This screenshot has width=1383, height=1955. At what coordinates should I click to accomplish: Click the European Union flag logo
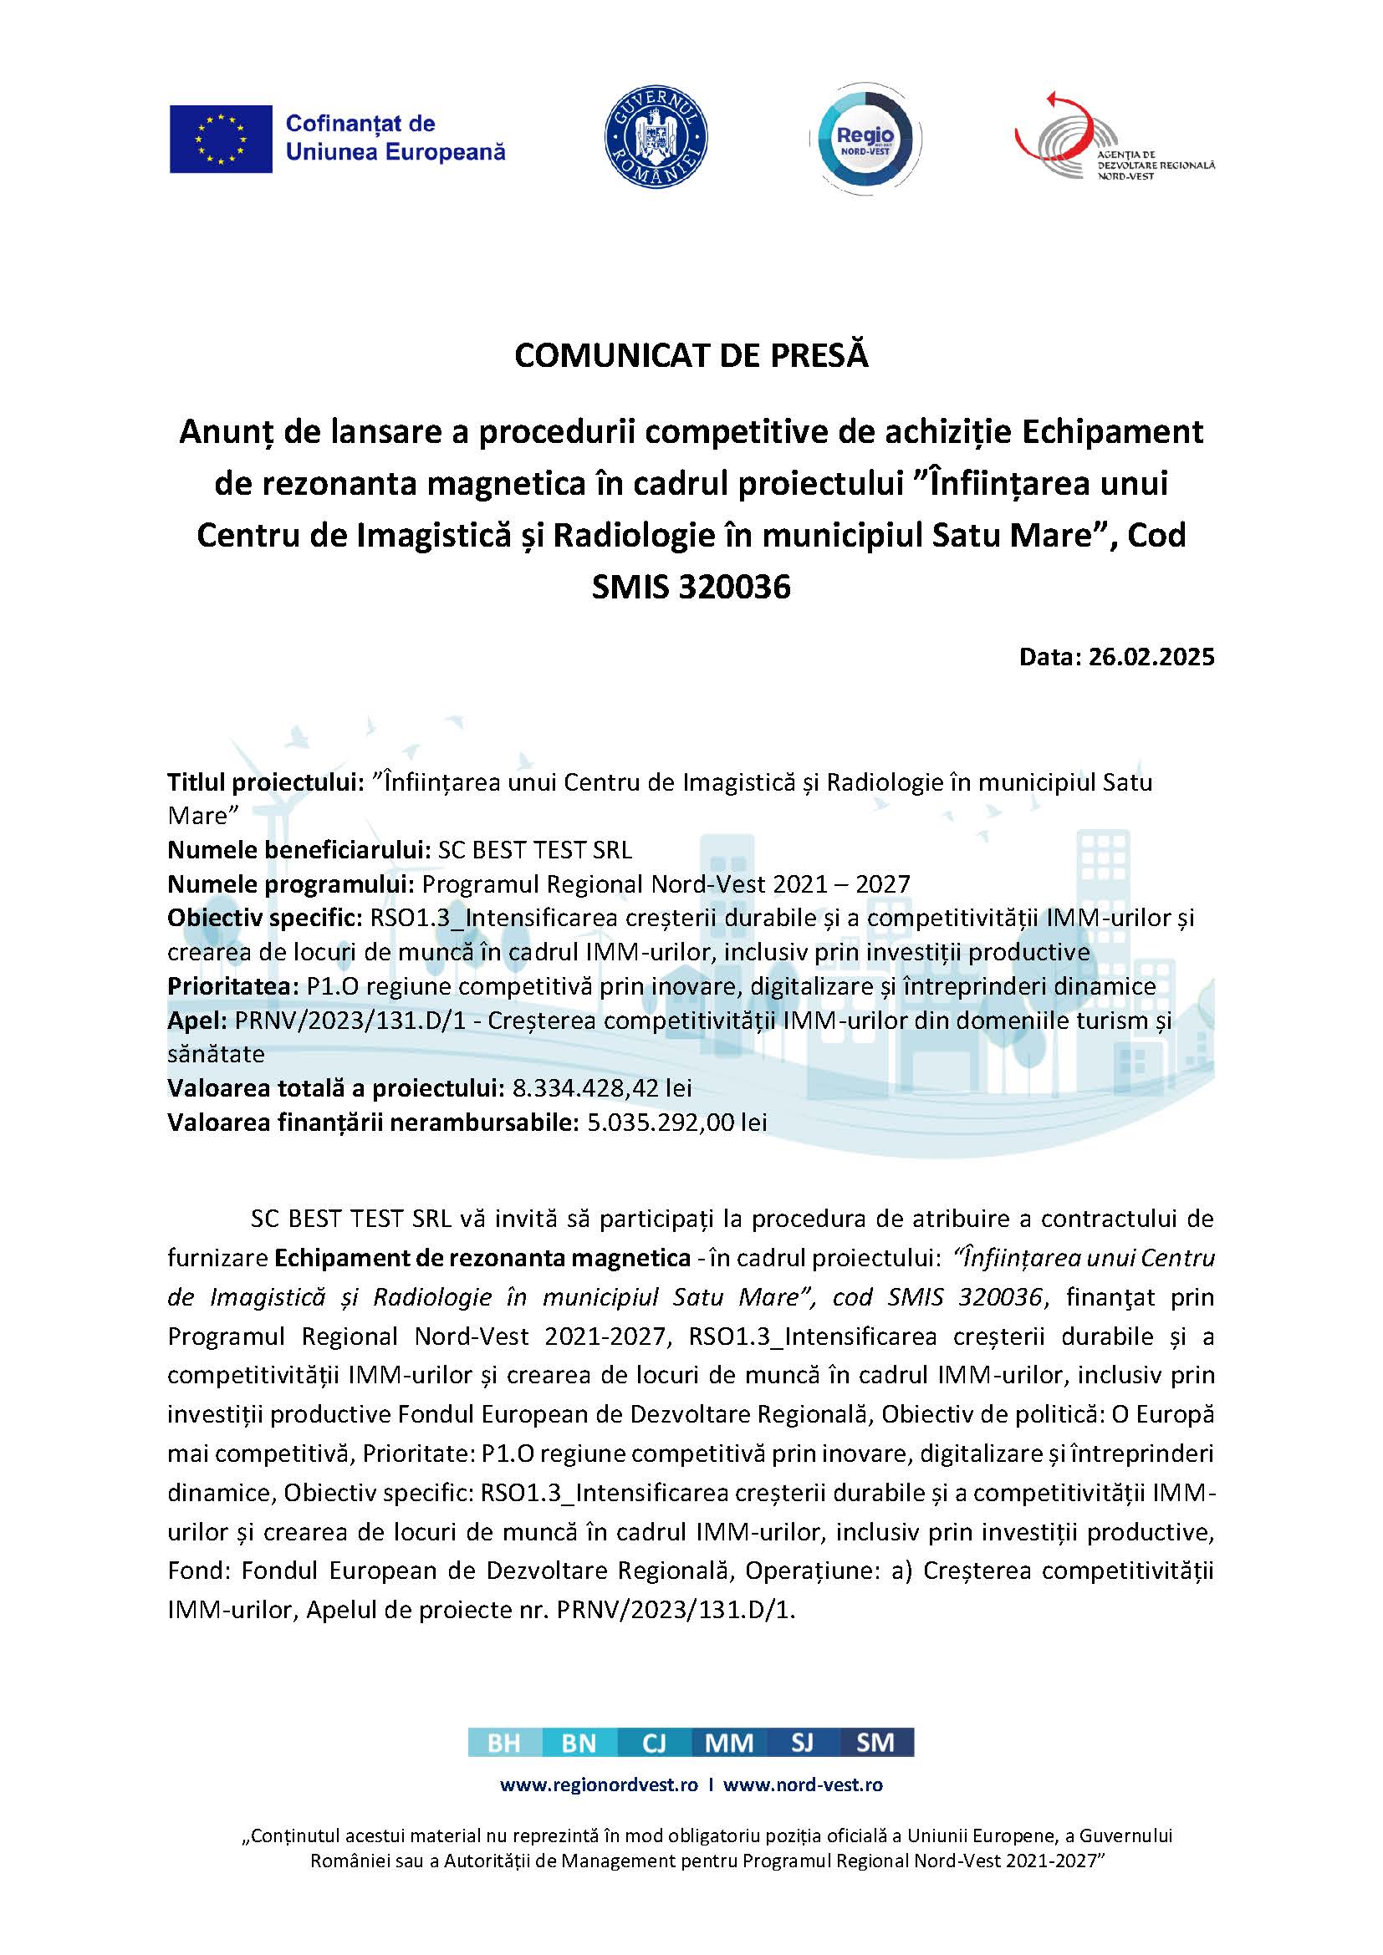click(x=221, y=139)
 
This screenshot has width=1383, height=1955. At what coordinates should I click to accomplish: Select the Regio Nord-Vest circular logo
click(x=865, y=138)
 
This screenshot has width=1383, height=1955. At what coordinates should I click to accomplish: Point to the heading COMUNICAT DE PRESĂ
click(x=691, y=355)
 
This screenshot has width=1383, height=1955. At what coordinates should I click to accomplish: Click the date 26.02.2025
click(x=1151, y=656)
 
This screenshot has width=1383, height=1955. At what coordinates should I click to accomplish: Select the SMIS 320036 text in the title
click(x=691, y=587)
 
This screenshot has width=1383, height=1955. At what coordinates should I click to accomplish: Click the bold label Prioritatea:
click(x=233, y=986)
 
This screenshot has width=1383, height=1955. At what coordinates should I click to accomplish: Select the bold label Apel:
click(x=193, y=1020)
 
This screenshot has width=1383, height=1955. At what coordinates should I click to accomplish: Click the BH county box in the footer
click(x=504, y=1743)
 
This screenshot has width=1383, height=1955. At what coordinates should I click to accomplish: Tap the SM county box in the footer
click(x=875, y=1743)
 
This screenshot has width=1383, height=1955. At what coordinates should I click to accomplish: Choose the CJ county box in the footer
click(x=653, y=1743)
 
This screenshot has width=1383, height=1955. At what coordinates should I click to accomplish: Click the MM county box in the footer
click(x=728, y=1743)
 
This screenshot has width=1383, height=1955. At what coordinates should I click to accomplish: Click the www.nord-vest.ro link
click(x=802, y=1784)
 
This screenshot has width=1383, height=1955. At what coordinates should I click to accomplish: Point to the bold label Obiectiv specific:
click(x=265, y=918)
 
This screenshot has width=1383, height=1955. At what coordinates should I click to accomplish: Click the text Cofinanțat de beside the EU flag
click(x=360, y=124)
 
